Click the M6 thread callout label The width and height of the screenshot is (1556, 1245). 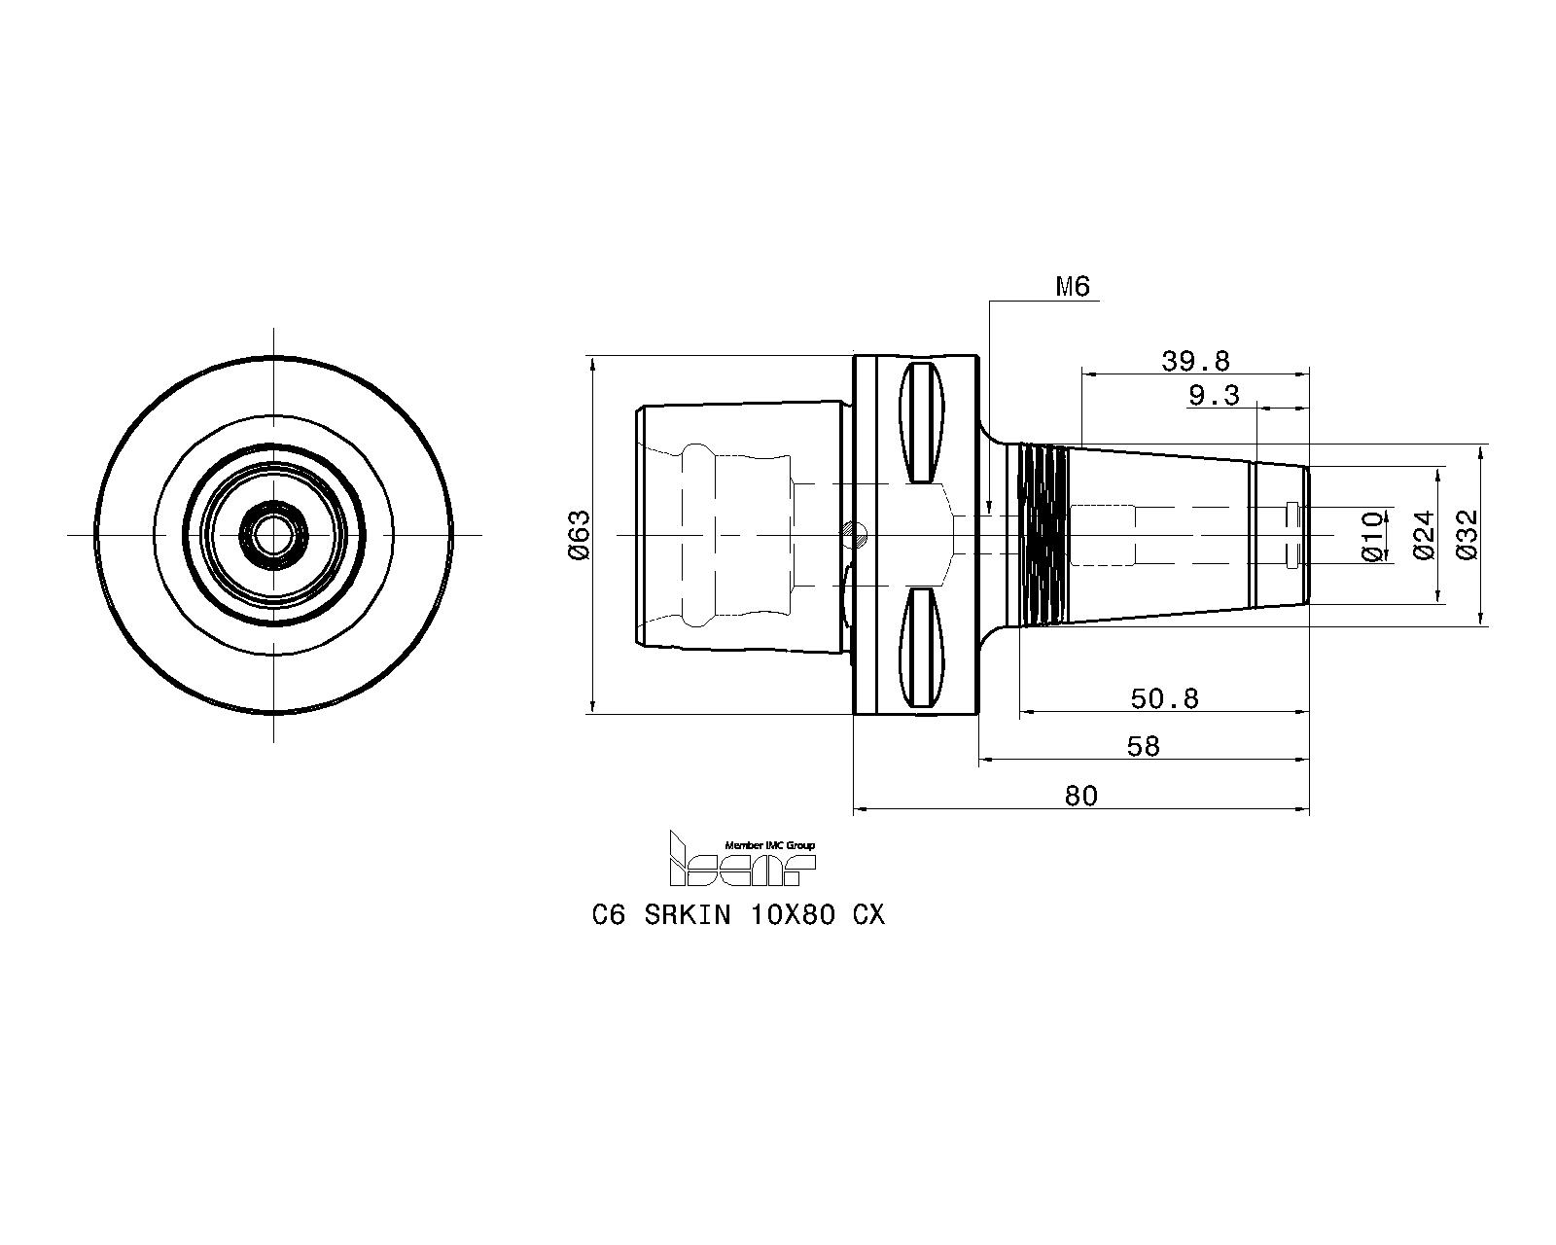pos(1073,287)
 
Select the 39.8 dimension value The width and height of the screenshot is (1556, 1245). pos(1195,361)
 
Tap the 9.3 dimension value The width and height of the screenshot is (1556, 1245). pos(1214,396)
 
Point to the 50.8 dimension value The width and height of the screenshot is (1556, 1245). pos(1164,698)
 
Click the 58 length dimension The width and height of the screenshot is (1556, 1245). pos(1143,747)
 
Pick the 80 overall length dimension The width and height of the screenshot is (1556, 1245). pos(1081,796)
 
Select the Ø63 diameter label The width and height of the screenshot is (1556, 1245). pos(580,535)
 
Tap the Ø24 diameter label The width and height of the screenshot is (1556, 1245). pos(1423,535)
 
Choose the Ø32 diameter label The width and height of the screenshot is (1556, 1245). pos(1468,535)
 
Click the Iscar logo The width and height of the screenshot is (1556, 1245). pos(742,860)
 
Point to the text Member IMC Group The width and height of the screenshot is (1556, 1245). pos(769,845)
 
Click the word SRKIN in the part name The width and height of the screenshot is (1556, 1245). pos(688,916)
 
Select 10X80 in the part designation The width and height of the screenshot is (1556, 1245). pos(794,916)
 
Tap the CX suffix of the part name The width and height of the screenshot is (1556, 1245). pos(868,916)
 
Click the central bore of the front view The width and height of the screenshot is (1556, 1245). pos(273,535)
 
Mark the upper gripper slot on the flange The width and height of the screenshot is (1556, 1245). pos(922,422)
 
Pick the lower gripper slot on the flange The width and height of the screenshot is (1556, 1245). pos(922,648)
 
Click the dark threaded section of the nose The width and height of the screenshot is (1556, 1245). pos(1042,535)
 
